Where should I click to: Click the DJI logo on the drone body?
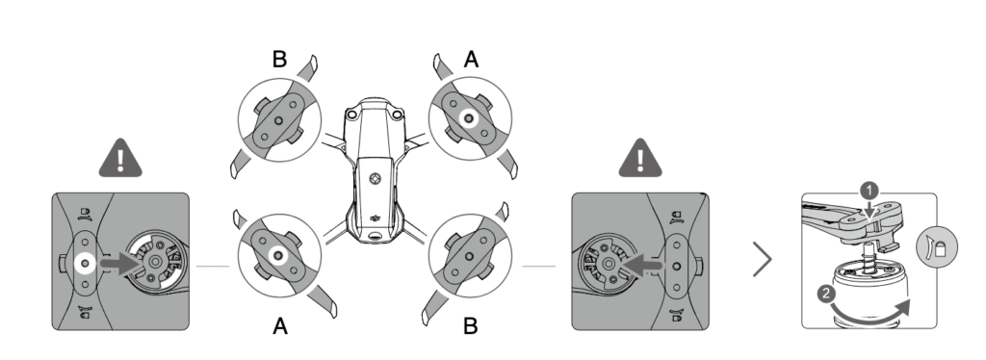pos(374,219)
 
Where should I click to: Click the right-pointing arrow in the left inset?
pos(119,262)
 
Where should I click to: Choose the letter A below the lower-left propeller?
pos(279,327)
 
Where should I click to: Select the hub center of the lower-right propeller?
pos(469,255)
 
